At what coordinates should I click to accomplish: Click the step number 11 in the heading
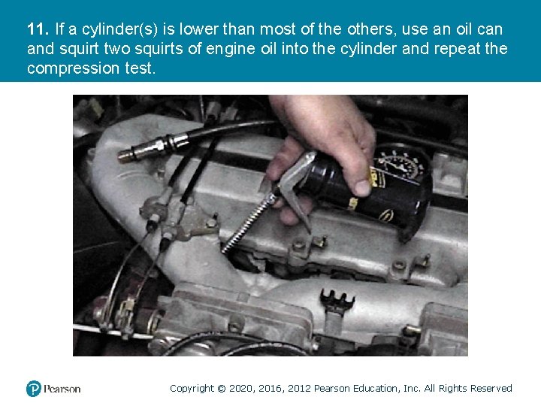(38, 29)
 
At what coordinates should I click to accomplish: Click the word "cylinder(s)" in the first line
(119, 29)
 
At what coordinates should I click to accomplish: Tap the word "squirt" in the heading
(80, 49)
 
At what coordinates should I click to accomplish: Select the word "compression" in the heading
(73, 68)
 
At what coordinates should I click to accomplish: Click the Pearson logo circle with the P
(34, 389)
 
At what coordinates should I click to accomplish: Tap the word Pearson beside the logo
(62, 389)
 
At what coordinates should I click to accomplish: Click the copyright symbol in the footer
(222, 389)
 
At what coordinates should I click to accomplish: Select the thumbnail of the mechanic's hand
(362, 187)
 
